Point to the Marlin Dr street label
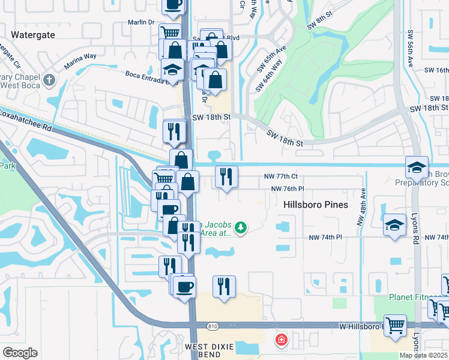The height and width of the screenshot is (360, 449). pos(142,22)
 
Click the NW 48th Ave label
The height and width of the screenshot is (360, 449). pos(362,208)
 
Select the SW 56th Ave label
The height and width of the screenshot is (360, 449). pos(411,48)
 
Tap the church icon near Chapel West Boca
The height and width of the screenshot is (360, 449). pos(50,79)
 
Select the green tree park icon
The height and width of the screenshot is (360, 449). pos(240,227)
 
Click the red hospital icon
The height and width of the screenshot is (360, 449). pos(280,341)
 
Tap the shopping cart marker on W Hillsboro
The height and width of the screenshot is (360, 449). pos(395,326)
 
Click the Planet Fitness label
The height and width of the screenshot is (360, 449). pos(409,296)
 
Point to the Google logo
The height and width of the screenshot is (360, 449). pos(20,352)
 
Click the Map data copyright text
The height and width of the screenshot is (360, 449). pos(424,355)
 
